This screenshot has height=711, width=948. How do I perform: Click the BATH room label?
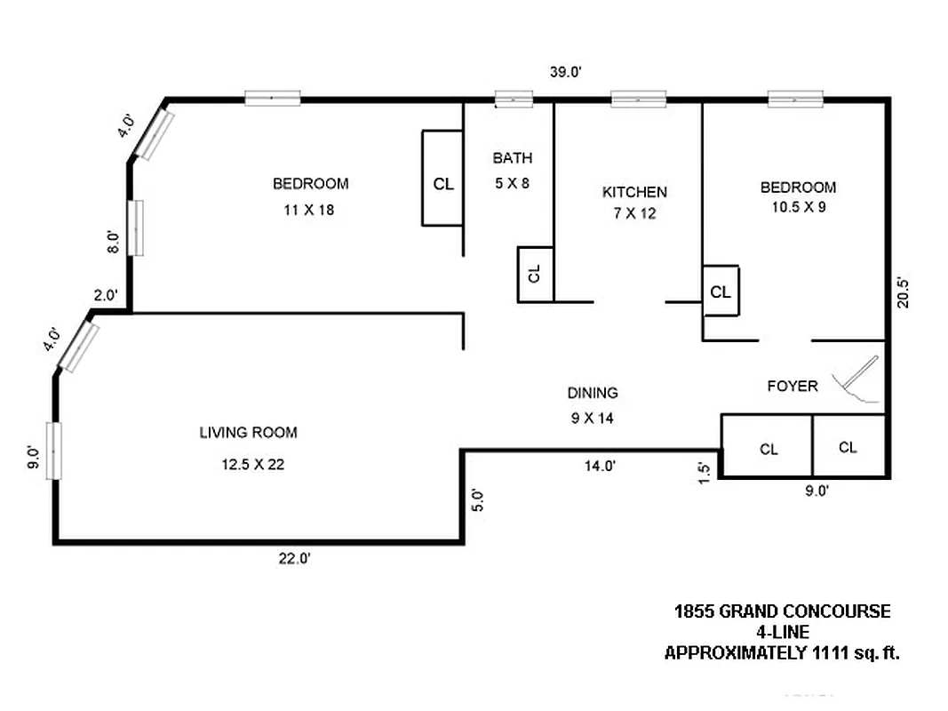pyautogui.click(x=513, y=158)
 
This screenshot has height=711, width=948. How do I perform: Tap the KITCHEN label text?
pyautogui.click(x=634, y=192)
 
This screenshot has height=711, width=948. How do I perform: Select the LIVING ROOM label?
pyautogui.click(x=248, y=433)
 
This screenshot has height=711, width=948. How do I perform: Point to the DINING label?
pyautogui.click(x=593, y=393)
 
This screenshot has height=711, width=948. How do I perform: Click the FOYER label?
pyautogui.click(x=793, y=386)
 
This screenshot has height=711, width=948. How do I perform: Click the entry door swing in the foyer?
pyautogui.click(x=855, y=378)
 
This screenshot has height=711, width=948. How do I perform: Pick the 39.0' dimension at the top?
pyautogui.click(x=565, y=73)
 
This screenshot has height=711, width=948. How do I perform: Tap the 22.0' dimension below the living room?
pyautogui.click(x=293, y=558)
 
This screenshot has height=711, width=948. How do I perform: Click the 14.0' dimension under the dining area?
pyautogui.click(x=599, y=465)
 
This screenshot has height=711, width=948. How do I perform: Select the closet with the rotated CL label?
pyautogui.click(x=536, y=274)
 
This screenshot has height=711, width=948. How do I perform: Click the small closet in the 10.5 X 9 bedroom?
pyautogui.click(x=721, y=291)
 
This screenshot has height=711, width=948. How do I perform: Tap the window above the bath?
pyautogui.click(x=514, y=100)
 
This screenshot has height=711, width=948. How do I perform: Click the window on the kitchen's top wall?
pyautogui.click(x=638, y=100)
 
